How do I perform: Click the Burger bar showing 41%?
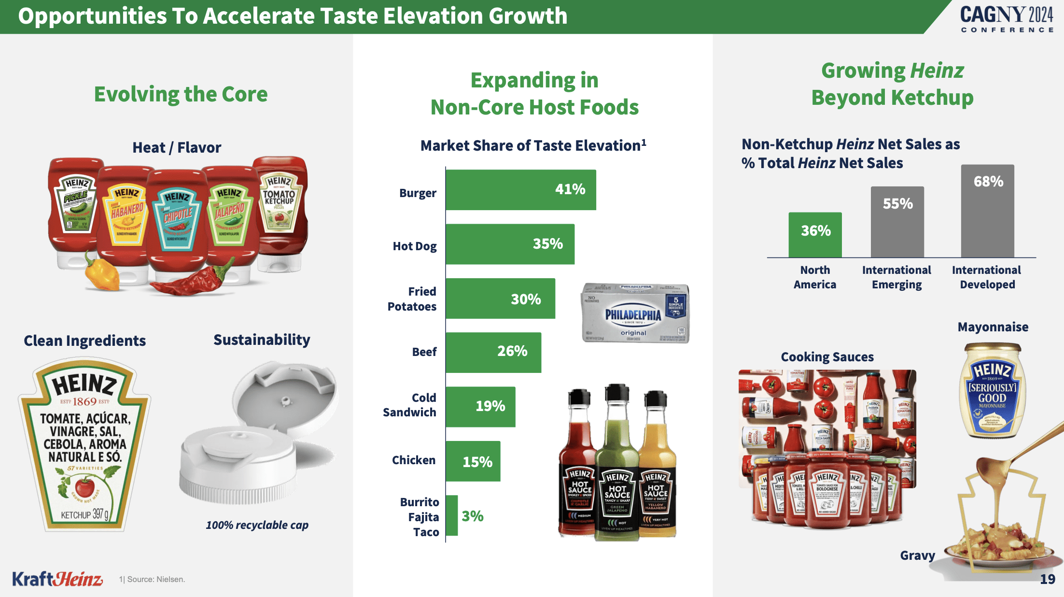coord(520,190)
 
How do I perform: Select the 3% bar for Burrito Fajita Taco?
coord(451,515)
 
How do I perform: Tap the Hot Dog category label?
coord(414,246)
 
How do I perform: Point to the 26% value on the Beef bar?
coord(512,351)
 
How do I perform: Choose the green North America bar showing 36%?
coord(815,235)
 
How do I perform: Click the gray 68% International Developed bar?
coord(987,211)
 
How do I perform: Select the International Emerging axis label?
coord(896,277)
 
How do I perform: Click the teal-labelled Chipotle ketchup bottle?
coord(177,222)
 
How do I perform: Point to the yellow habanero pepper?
coord(101,273)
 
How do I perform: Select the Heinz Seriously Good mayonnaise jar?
coord(992,391)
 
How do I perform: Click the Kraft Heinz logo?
coord(57,578)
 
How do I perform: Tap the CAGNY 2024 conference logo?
coord(1006,18)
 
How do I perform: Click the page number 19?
coord(1047,579)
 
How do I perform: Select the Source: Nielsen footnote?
coord(152,579)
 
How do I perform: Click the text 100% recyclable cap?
coord(257,525)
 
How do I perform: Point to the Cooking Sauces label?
coord(827,357)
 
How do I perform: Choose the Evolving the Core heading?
coord(181,94)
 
